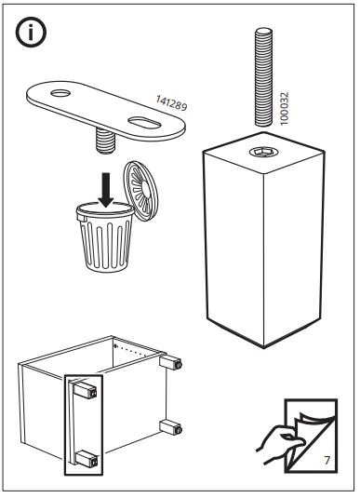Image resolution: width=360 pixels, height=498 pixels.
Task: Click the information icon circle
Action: [31, 33]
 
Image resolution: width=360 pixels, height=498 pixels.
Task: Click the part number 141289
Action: [171, 103]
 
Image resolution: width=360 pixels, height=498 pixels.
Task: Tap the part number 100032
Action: [285, 108]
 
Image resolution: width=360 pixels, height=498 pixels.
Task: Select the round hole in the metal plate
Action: [60, 93]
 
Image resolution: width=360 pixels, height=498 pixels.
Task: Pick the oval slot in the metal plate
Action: [144, 123]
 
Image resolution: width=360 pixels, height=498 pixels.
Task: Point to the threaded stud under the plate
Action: [105, 141]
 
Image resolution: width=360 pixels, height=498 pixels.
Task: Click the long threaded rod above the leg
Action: [263, 77]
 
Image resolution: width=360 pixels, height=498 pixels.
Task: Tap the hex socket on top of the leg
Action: [263, 152]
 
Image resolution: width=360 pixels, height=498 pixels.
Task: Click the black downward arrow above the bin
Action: [106, 190]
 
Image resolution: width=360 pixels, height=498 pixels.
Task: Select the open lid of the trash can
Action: [140, 191]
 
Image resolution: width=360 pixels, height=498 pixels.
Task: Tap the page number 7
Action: [327, 460]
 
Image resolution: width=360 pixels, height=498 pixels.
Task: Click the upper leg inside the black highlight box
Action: [85, 390]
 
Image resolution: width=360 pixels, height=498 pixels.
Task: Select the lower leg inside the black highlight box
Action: [86, 458]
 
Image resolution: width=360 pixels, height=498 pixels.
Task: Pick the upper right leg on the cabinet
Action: [171, 362]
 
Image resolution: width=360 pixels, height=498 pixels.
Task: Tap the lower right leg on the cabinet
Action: [171, 427]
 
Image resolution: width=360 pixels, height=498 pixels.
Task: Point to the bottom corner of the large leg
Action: [263, 348]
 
